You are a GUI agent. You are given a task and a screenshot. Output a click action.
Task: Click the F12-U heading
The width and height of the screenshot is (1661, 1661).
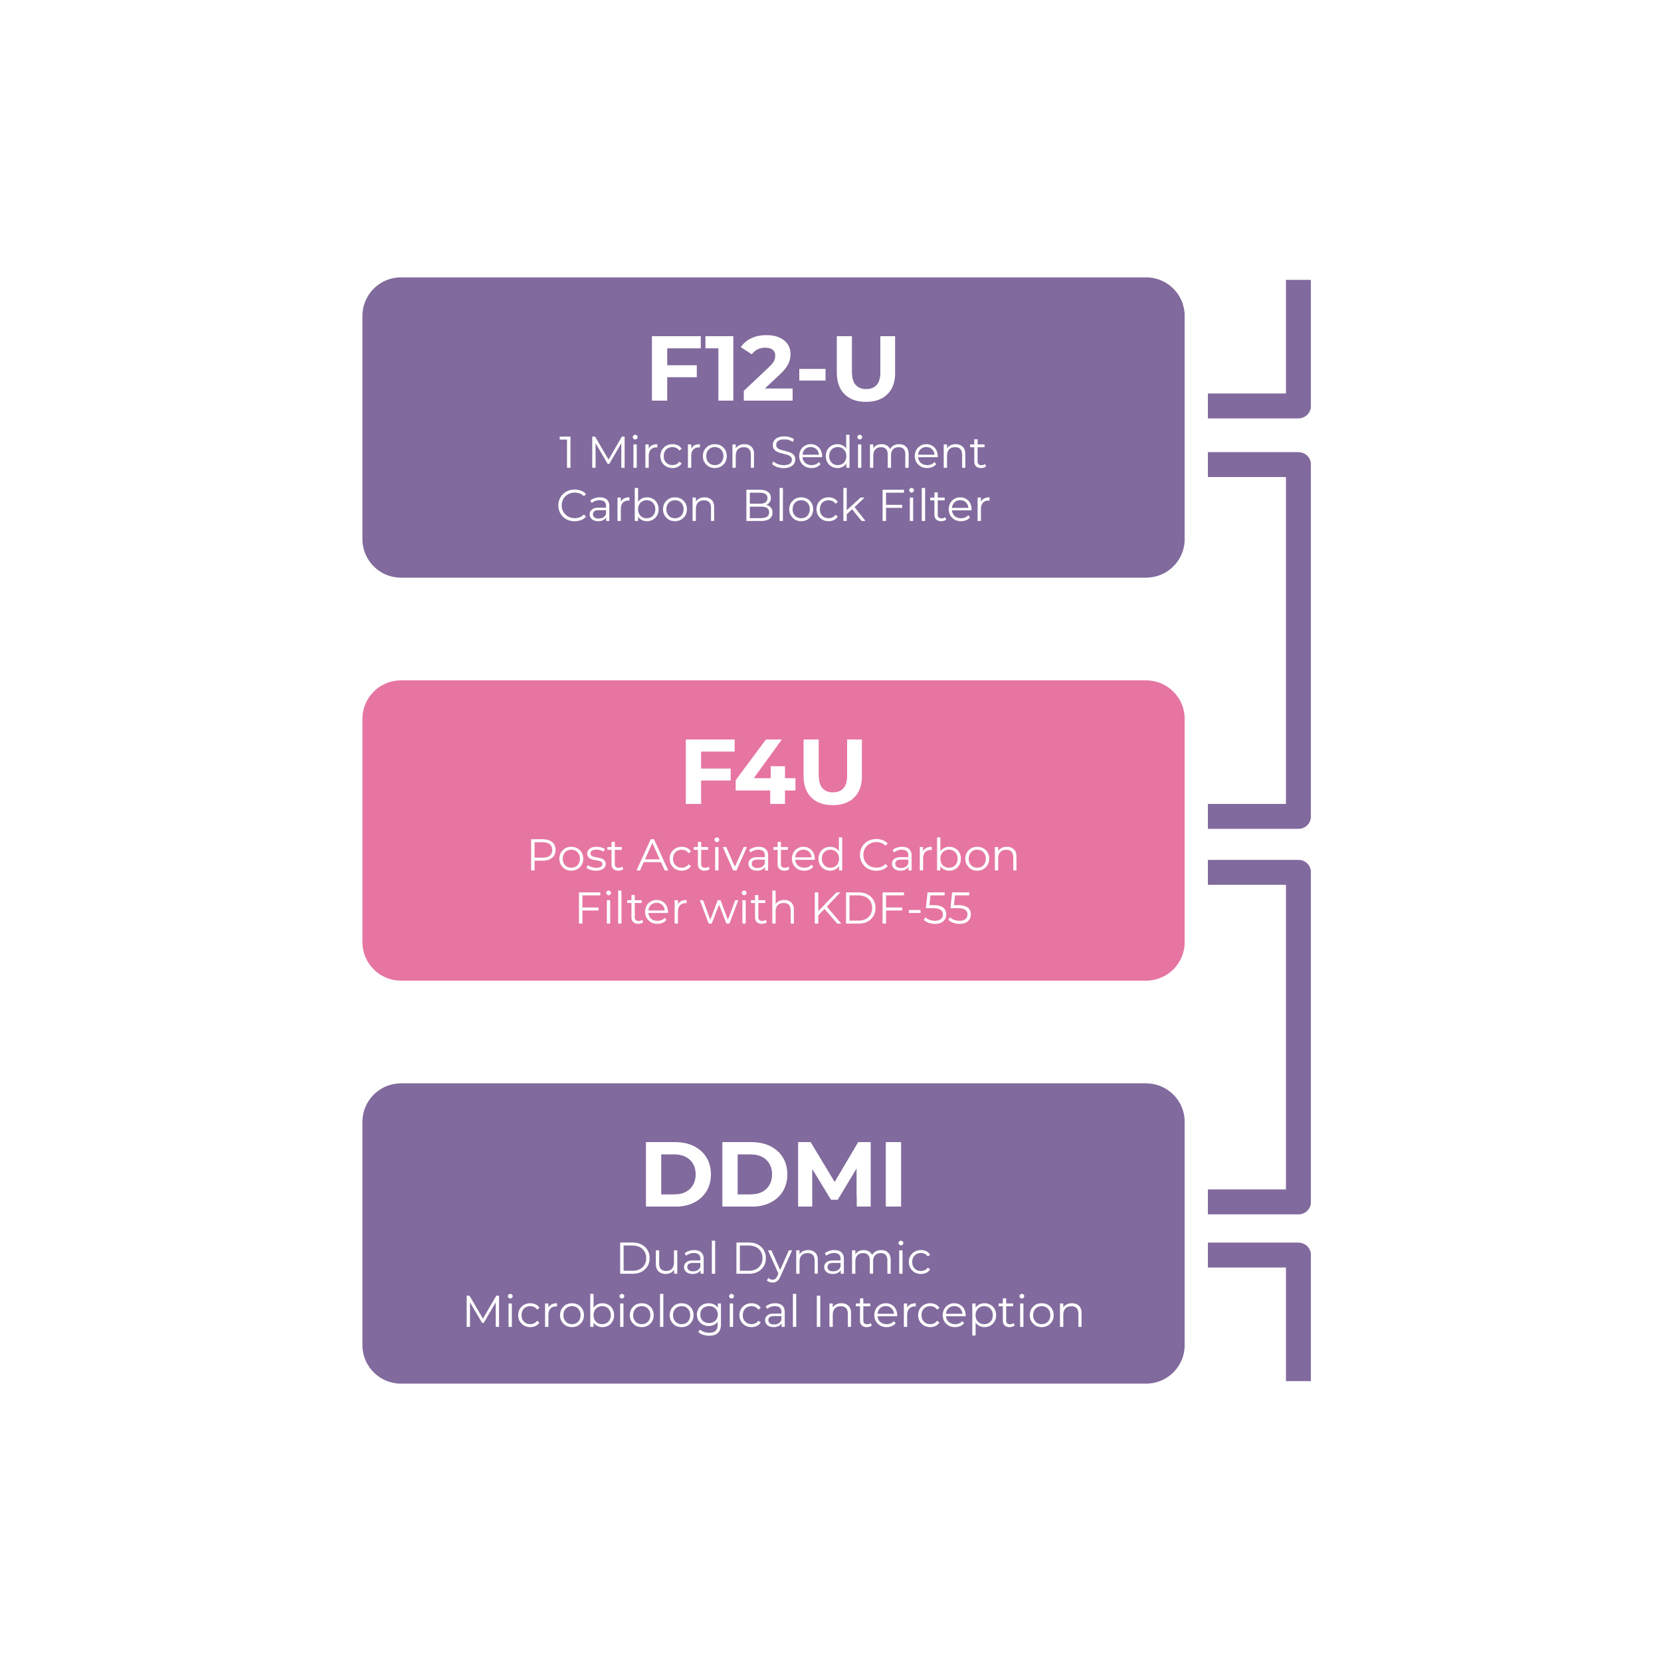click(x=772, y=368)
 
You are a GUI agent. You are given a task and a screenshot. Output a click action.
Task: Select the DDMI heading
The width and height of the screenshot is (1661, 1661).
click(x=773, y=1175)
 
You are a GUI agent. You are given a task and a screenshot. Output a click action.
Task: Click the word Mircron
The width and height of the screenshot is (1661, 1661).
click(x=672, y=453)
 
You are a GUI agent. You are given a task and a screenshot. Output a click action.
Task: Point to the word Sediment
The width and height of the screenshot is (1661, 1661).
click(x=878, y=453)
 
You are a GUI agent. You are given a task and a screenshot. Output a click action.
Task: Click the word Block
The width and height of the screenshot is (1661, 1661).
click(x=804, y=506)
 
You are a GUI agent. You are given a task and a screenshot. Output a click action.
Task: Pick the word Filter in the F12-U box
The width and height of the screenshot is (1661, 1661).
click(x=935, y=506)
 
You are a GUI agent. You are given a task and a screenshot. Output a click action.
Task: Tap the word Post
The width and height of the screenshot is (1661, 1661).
click(x=575, y=856)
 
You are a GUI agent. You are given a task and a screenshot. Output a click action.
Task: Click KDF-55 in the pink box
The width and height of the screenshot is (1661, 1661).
click(x=892, y=909)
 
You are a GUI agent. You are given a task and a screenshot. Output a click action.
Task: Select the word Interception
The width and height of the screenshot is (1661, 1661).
click(x=948, y=1313)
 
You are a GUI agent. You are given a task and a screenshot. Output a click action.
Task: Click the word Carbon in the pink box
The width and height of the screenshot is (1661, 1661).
click(x=938, y=856)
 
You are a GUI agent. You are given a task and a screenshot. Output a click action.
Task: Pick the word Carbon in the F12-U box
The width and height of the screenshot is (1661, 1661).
click(x=636, y=506)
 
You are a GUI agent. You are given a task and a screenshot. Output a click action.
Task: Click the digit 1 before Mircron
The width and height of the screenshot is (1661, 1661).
click(x=567, y=453)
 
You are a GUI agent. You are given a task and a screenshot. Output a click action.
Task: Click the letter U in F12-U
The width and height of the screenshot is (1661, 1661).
click(x=865, y=368)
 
